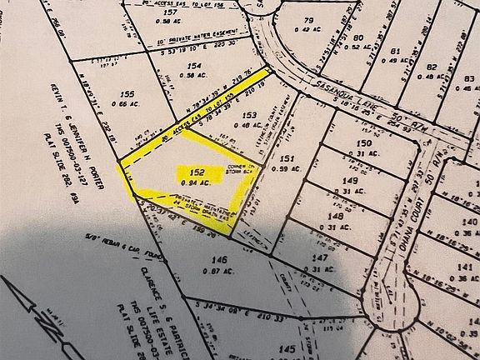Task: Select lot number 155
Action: (128, 94)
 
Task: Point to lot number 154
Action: (195, 65)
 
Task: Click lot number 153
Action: (247, 115)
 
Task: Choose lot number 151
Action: (286, 158)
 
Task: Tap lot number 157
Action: (172, 13)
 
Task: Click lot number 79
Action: (307, 20)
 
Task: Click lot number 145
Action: (287, 348)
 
